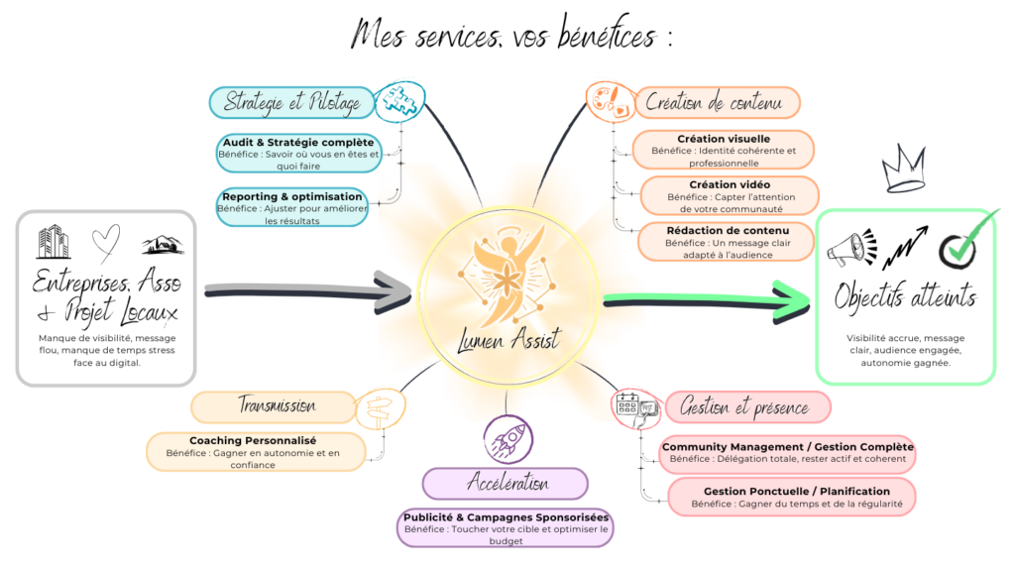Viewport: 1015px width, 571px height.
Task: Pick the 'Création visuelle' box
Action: tap(724, 151)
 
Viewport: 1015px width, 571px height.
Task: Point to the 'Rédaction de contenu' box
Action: tap(727, 242)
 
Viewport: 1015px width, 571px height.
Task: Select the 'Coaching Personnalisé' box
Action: tap(254, 452)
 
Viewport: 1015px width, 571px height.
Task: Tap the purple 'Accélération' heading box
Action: tap(506, 484)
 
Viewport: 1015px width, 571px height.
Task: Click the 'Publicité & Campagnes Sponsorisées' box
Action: tap(506, 527)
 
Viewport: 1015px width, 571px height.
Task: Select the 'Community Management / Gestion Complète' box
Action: tap(788, 453)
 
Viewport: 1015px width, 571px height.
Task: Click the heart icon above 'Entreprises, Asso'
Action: tap(104, 239)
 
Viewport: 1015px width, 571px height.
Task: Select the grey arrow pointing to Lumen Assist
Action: tap(307, 290)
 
